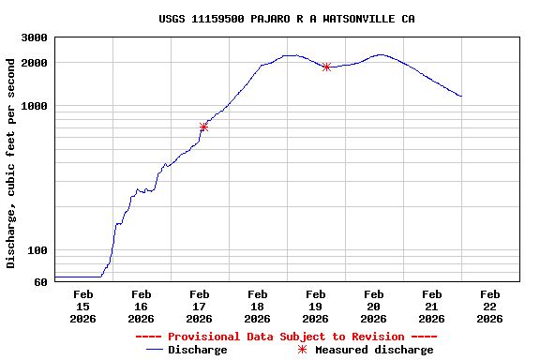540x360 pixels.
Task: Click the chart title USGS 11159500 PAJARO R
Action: [x=287, y=19]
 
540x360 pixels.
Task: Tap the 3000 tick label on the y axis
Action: [x=35, y=37]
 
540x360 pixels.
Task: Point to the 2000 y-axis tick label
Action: [x=35, y=63]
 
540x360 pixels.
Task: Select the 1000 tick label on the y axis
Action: [x=35, y=106]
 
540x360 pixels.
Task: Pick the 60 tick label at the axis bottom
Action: [x=40, y=282]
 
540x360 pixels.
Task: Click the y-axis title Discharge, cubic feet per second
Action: [x=11, y=163]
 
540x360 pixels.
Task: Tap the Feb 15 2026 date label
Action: [x=82, y=307]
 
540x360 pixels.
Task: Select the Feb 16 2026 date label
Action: [x=141, y=307]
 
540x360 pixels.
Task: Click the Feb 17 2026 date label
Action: [x=199, y=307]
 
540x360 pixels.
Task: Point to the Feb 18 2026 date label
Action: [x=257, y=307]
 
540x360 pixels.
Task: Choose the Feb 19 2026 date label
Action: [x=315, y=307]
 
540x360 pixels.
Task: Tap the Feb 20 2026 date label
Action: [x=373, y=307]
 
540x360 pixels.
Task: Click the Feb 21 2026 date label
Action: [x=431, y=307]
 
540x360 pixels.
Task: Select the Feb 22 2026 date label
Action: [x=489, y=307]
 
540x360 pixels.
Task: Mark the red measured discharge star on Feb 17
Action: [x=203, y=127]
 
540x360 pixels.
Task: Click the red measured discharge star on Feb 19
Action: [x=326, y=67]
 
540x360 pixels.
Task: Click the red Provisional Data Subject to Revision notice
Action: [x=286, y=337]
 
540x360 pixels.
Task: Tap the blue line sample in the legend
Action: [x=155, y=350]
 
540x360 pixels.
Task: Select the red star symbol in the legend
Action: [x=302, y=350]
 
